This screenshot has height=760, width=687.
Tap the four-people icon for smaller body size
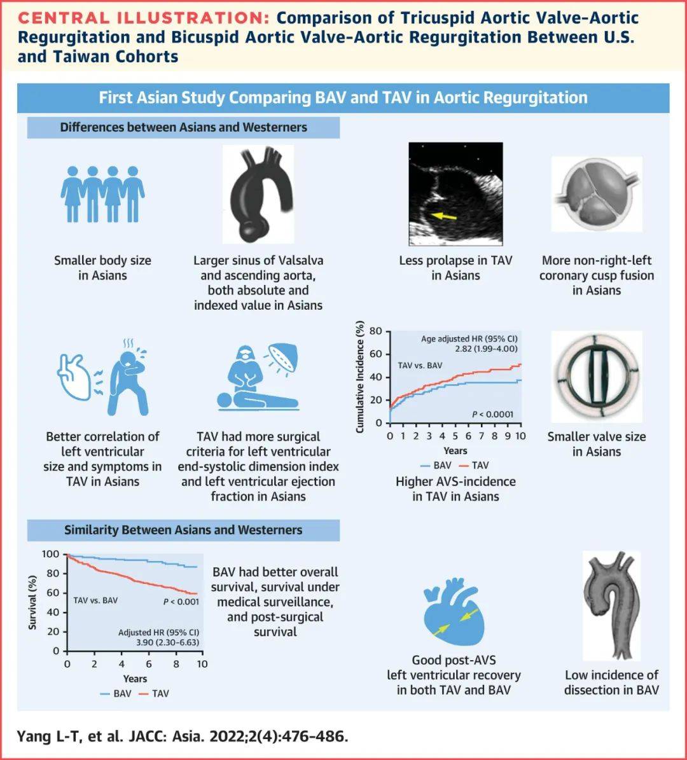tap(102, 194)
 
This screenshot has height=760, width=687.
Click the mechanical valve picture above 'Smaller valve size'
tap(596, 377)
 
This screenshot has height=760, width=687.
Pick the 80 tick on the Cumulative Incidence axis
tap(375, 331)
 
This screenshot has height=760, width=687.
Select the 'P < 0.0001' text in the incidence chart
tap(492, 415)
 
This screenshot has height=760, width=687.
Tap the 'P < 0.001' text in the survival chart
tap(181, 601)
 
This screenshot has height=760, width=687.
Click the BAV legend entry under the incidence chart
tap(436, 465)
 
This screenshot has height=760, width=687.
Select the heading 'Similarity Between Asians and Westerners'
tap(183, 530)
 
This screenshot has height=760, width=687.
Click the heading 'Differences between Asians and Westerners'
tap(183, 127)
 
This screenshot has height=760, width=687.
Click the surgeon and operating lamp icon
tap(258, 378)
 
